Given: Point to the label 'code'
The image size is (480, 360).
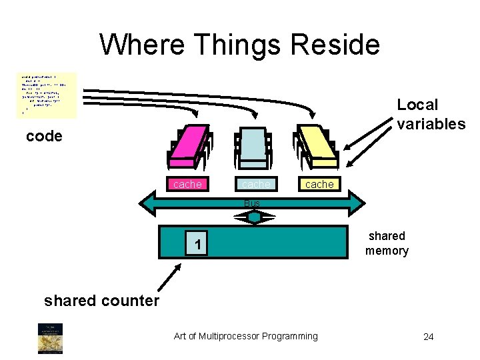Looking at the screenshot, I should point(44,137).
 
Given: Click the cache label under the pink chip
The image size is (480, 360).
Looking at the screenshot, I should point(187,184).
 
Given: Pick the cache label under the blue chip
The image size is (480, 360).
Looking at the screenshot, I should point(256,184).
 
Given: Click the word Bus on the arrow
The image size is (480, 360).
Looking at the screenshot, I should point(252,203).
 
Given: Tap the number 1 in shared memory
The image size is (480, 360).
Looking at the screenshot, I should point(197,246).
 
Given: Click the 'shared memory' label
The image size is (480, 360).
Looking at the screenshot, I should point(387,243).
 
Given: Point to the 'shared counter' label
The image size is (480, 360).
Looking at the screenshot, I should point(101,301).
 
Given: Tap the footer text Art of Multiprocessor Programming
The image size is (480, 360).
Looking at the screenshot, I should point(246,336).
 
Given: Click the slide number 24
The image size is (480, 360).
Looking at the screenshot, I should point(428,337).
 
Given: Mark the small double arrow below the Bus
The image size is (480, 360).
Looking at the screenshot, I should point(254,217).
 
